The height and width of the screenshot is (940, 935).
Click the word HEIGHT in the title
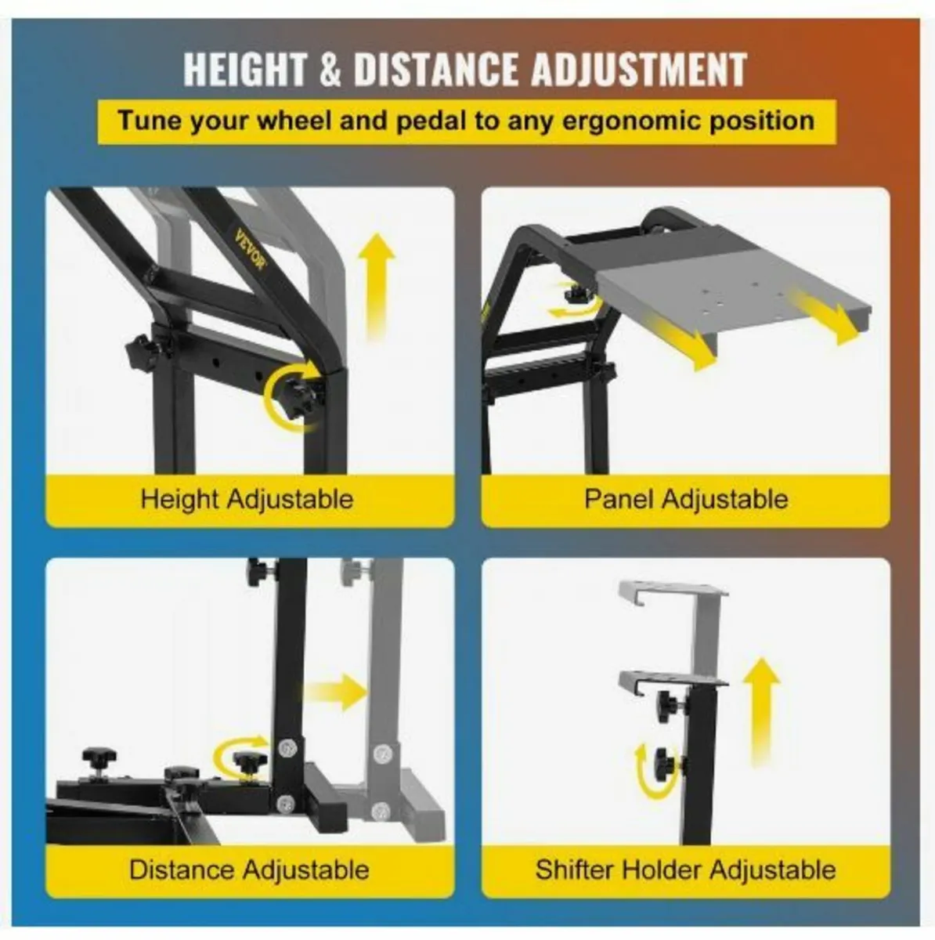pyautogui.click(x=244, y=70)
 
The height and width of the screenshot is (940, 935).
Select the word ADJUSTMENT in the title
pyautogui.click(x=640, y=70)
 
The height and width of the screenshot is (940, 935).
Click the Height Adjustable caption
pyautogui.click(x=247, y=499)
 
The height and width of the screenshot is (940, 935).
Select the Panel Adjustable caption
pyautogui.click(x=686, y=499)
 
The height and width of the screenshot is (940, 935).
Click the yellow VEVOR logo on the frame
pyautogui.click(x=251, y=251)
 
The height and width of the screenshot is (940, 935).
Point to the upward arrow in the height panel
pyautogui.click(x=376, y=287)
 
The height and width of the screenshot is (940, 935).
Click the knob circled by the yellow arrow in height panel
pyautogui.click(x=299, y=398)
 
